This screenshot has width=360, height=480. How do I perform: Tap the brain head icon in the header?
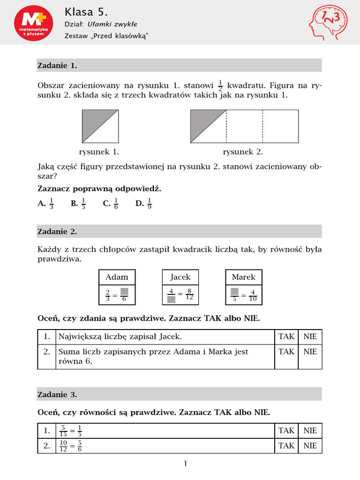pyautogui.click(x=328, y=23)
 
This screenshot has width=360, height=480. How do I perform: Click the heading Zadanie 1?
pyautogui.click(x=57, y=66)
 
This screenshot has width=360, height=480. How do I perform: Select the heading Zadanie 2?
pyautogui.click(x=57, y=232)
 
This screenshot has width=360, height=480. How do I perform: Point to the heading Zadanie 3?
pyautogui.click(x=57, y=395)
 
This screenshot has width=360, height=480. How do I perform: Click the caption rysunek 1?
pyautogui.click(x=99, y=152)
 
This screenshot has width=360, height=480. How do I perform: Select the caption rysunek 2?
pyautogui.click(x=243, y=152)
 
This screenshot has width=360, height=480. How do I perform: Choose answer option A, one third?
pyautogui.click(x=46, y=203)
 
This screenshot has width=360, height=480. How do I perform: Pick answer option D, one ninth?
pyautogui.click(x=144, y=203)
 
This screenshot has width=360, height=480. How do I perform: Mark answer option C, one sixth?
pyautogui.click(x=111, y=203)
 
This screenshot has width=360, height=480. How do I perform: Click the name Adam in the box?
pyautogui.click(x=117, y=277)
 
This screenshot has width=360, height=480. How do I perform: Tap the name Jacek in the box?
pyautogui.click(x=180, y=277)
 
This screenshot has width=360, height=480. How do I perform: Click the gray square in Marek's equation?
pyautogui.click(x=235, y=292)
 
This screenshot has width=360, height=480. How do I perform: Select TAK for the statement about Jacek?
pyautogui.click(x=286, y=337)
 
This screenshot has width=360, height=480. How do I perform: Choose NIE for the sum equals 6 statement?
pyautogui.click(x=310, y=352)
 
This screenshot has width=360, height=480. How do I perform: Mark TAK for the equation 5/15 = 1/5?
pyautogui.click(x=286, y=430)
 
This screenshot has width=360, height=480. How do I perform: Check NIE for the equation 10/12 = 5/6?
pyautogui.click(x=310, y=446)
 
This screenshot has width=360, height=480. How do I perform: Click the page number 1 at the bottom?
pyautogui.click(x=185, y=464)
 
